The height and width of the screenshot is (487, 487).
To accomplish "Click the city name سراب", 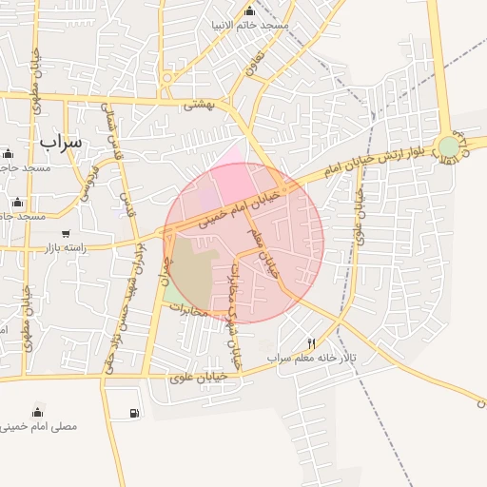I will (61, 141).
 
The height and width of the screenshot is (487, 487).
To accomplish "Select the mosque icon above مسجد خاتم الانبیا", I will (249, 10).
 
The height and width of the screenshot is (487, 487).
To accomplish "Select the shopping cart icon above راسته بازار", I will (66, 233).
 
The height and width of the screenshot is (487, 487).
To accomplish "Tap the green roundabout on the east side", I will (448, 146).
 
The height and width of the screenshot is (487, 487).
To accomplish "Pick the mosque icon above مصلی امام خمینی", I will (37, 411).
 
